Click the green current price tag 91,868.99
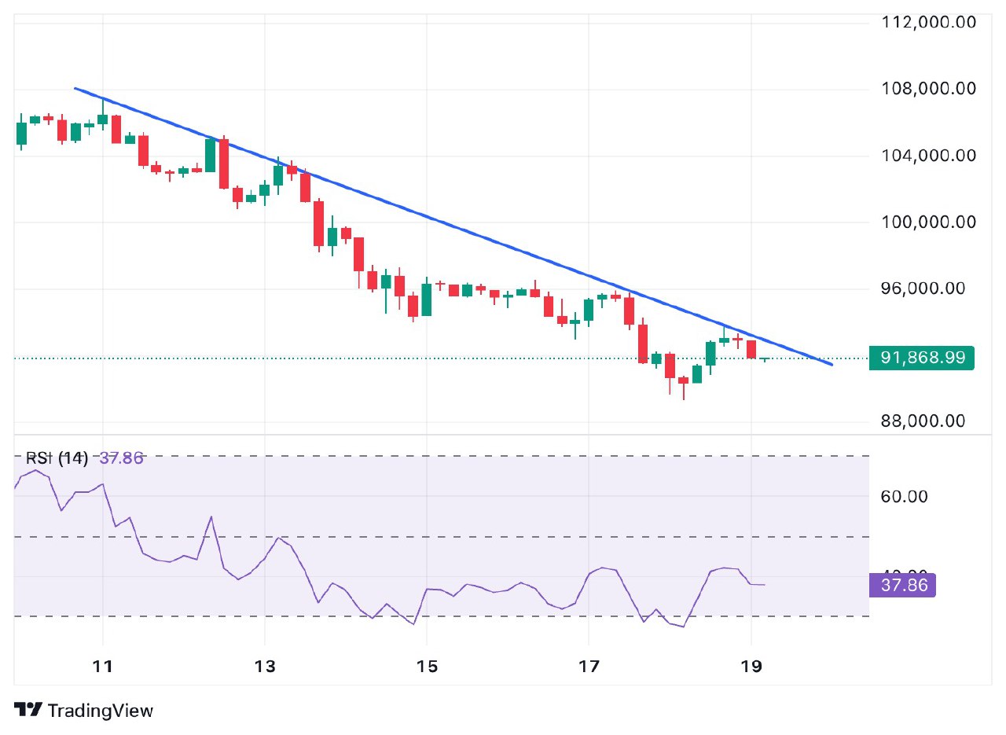[921, 358]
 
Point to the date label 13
[266, 667]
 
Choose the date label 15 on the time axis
[427, 667]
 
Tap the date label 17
[589, 667]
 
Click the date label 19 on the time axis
[751, 667]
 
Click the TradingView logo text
[100, 711]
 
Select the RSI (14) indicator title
[57, 458]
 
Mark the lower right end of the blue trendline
[831, 365]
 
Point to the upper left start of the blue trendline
[74, 88]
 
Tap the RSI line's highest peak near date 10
[35, 470]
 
